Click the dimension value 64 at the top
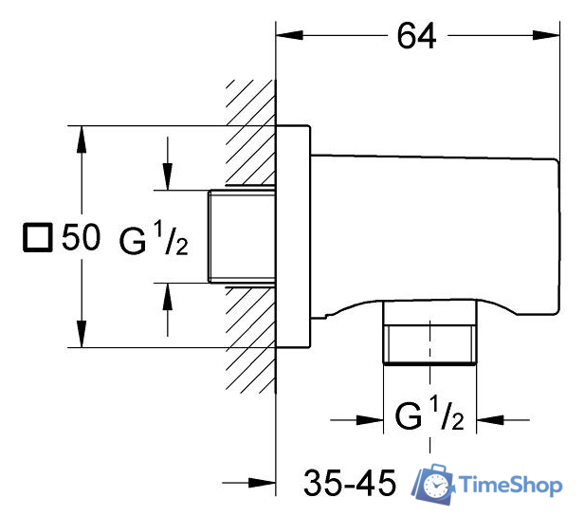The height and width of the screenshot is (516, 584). pyautogui.click(x=417, y=36)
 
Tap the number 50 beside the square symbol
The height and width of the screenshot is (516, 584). pyautogui.click(x=81, y=238)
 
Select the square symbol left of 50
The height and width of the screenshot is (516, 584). pyautogui.click(x=36, y=238)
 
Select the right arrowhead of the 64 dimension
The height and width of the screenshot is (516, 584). pyautogui.click(x=547, y=36)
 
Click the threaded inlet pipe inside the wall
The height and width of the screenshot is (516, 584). pyautogui.click(x=241, y=236)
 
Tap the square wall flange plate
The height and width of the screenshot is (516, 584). pyautogui.click(x=293, y=236)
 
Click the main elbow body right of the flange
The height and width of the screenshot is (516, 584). pyautogui.click(x=427, y=228)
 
